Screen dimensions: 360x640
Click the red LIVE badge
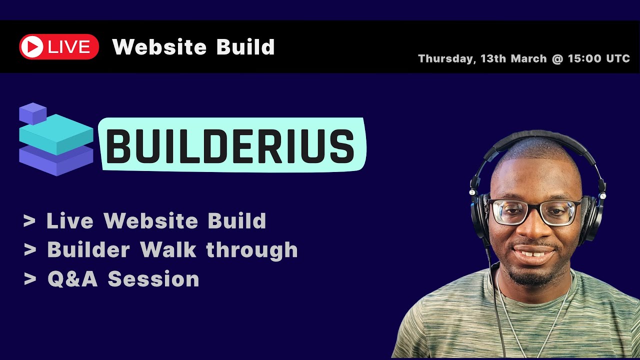(x=59, y=47)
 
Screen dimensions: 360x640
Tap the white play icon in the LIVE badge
(x=32, y=47)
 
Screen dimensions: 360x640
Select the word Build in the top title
(x=245, y=47)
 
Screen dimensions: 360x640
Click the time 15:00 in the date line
(x=584, y=58)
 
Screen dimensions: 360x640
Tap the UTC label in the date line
(x=618, y=58)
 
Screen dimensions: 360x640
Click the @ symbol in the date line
(x=557, y=58)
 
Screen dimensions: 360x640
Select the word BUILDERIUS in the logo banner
(x=230, y=145)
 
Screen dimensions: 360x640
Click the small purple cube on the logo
(x=32, y=113)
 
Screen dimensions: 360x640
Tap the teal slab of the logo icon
(x=56, y=133)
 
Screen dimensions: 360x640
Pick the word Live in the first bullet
(x=69, y=221)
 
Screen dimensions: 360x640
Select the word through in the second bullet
(x=252, y=249)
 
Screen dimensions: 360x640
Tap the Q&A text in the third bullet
(x=72, y=279)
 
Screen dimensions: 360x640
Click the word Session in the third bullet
(x=153, y=279)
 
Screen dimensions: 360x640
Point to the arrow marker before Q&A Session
(x=29, y=279)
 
